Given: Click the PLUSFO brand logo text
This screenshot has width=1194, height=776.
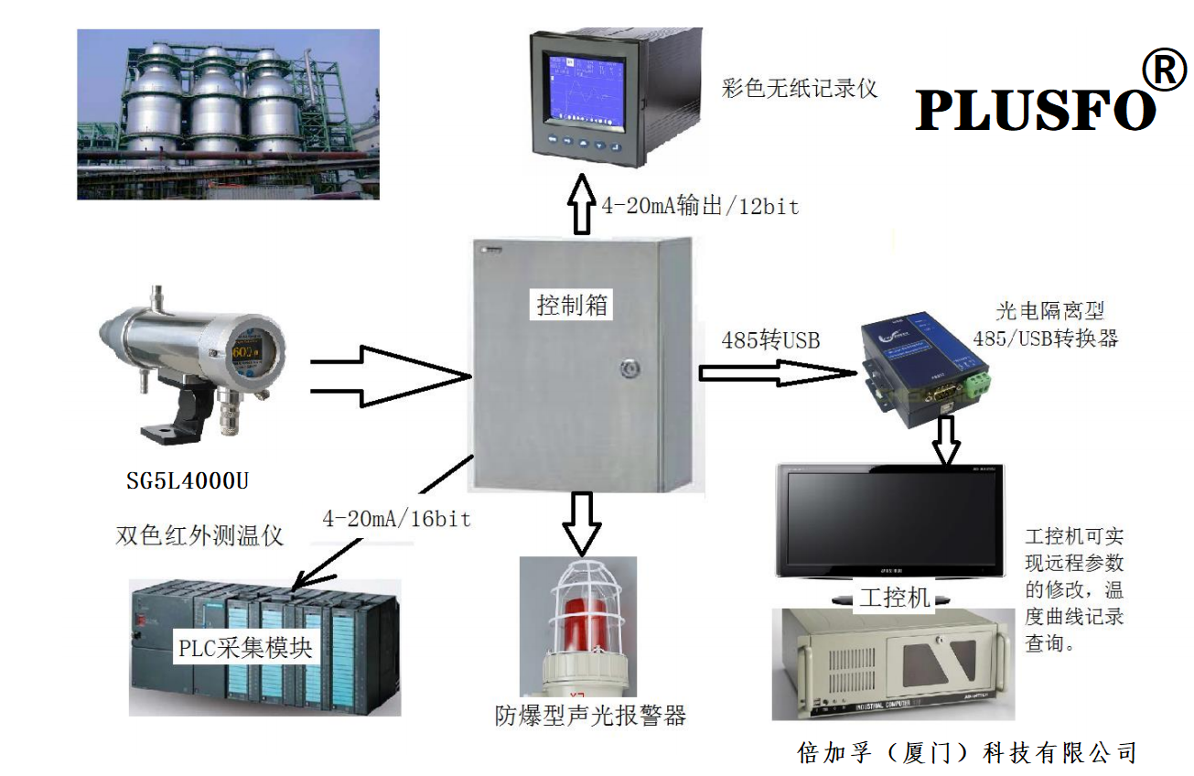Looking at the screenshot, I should pos(1035,111).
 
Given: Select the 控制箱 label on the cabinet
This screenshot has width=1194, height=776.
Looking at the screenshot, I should pos(572,305).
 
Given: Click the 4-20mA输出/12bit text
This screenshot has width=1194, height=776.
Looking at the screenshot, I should pos(700,207).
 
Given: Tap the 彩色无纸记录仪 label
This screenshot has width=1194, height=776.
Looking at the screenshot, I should pos(800,89).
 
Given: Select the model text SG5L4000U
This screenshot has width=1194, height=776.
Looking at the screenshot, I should pos(188,479).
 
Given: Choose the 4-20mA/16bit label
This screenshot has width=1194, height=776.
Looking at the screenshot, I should pos(396,520).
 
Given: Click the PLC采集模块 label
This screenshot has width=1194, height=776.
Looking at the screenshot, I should pos(245,649).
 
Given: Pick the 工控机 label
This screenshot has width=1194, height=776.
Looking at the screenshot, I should pos(896,598).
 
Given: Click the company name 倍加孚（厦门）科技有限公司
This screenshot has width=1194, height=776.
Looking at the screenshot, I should pos(967,752).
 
